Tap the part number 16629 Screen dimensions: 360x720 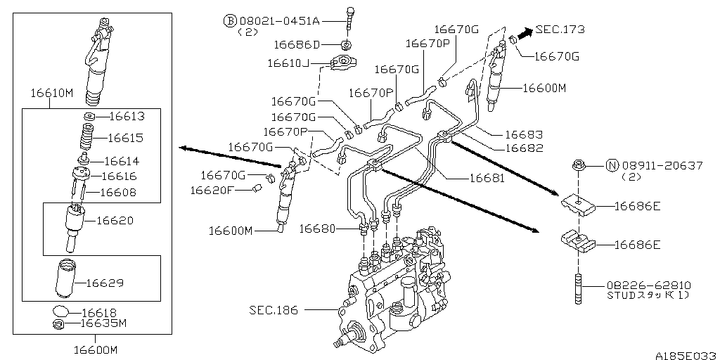105,283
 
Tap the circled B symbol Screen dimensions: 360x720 229,21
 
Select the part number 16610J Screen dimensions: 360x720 288,63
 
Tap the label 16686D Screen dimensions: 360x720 297,45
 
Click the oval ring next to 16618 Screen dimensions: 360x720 63,311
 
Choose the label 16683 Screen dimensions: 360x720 524,134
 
